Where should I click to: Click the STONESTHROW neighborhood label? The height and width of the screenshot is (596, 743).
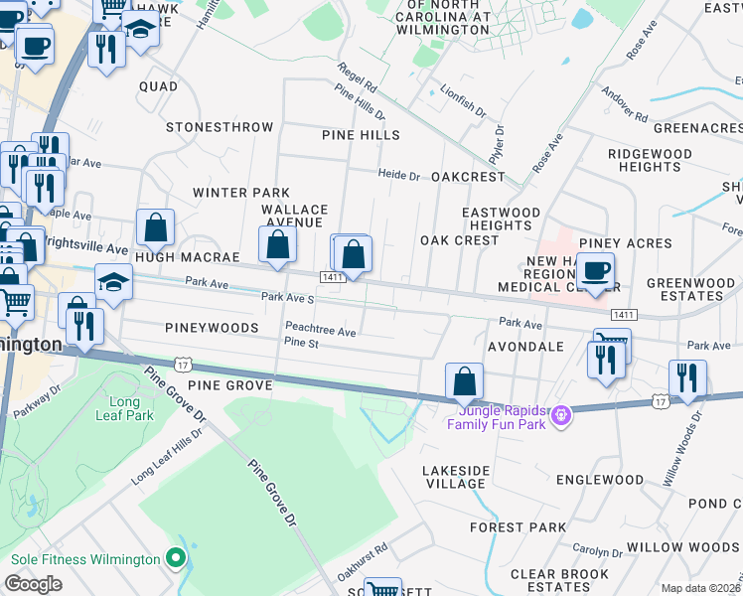[x=220, y=127]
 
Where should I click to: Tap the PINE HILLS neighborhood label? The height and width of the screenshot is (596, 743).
[x=360, y=134]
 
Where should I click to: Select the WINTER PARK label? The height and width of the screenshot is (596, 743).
[x=241, y=192]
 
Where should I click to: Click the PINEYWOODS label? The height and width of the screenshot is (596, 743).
[x=213, y=327]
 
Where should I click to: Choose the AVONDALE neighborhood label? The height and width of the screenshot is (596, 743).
[x=526, y=347]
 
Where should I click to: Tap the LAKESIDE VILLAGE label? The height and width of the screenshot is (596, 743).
[x=456, y=476]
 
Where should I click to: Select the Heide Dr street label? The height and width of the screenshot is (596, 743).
[x=399, y=175]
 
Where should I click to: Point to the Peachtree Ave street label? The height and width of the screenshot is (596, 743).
[x=320, y=331]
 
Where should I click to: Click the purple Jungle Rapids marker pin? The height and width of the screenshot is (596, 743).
[x=562, y=413]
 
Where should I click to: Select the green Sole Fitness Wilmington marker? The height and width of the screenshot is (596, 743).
[x=177, y=558]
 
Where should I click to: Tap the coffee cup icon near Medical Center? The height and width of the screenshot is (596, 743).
[x=595, y=271]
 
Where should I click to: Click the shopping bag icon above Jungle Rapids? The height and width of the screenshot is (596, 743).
[x=464, y=381]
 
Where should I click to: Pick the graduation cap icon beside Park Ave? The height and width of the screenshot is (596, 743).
[x=113, y=283]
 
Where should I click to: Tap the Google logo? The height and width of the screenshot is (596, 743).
[x=34, y=584]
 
